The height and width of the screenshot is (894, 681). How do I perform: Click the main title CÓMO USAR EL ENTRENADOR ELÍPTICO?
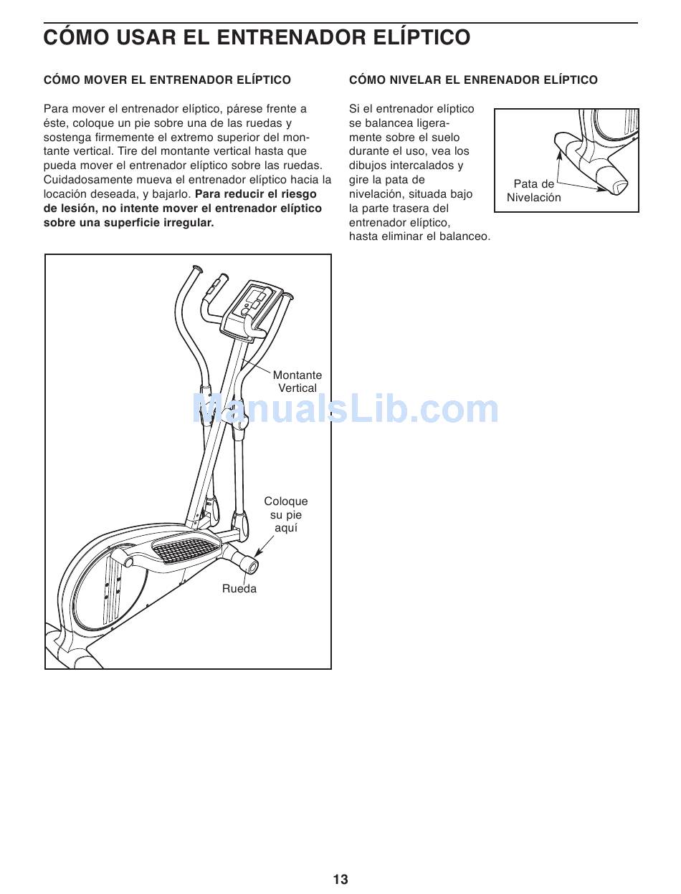coord(257,37)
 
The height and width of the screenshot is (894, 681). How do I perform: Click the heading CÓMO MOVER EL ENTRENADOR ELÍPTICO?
coord(167,80)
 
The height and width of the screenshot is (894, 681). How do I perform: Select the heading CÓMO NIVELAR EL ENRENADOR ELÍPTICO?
coord(473,80)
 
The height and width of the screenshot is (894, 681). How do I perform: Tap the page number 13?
coord(340,880)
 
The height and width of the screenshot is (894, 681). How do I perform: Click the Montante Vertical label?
coord(297,382)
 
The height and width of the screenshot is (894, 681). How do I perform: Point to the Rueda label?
coord(239,589)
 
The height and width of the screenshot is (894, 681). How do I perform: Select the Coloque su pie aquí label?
coord(285,514)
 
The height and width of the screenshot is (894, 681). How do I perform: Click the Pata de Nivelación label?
coord(534,191)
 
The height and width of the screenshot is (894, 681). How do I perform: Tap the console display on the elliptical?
coord(256,298)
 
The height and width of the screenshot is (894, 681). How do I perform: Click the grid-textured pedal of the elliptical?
coord(183,549)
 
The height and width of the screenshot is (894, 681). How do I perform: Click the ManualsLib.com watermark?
coord(346,410)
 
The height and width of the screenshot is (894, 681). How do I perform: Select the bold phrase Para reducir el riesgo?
coord(255,194)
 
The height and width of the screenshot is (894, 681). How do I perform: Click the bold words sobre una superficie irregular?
coord(129,223)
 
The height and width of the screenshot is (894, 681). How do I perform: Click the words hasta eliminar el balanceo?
coord(419,236)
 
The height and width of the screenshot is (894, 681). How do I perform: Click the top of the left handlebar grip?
coord(194,269)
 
